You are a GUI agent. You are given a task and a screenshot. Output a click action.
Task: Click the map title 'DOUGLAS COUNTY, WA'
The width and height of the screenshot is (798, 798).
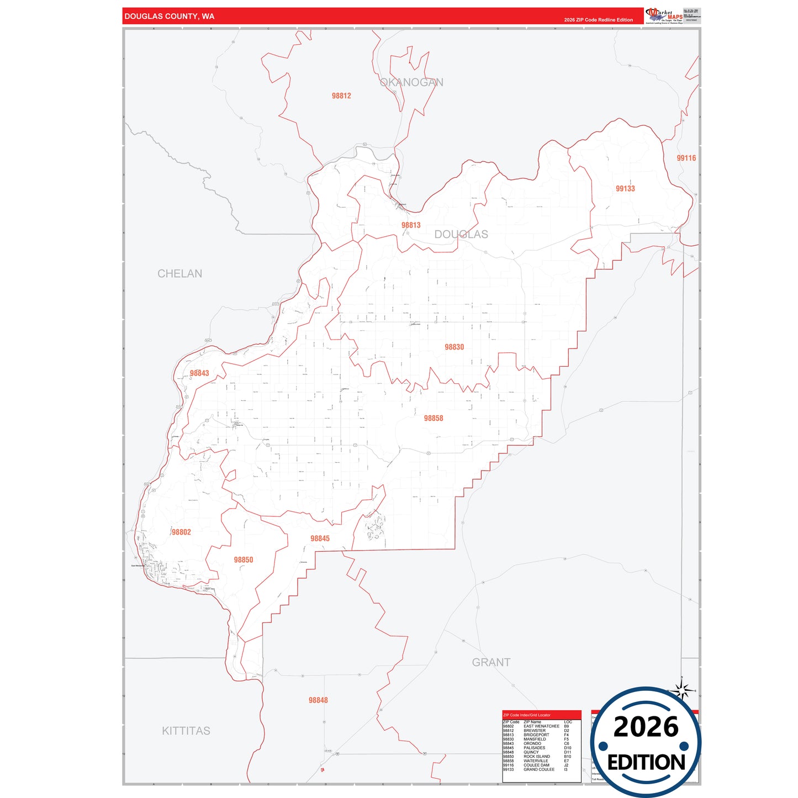[169, 16]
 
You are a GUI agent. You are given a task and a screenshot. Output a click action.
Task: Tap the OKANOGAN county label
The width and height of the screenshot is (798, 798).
[411, 82]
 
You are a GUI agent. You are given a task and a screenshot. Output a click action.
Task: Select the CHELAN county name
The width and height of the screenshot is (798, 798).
[179, 273]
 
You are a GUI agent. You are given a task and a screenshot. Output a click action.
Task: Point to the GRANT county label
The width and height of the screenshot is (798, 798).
[491, 662]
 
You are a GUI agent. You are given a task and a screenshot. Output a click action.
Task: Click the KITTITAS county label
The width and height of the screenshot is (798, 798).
[186, 731]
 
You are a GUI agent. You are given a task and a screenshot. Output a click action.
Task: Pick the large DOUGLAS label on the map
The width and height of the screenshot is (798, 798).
[461, 234]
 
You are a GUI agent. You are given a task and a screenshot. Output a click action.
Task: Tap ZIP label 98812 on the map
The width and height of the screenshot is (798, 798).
[341, 96]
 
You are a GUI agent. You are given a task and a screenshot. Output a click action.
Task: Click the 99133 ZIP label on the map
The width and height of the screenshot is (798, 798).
[625, 188]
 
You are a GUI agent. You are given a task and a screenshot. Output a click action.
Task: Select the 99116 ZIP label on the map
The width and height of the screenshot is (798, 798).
[686, 158]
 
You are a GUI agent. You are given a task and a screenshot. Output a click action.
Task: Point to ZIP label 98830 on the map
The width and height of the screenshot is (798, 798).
[454, 347]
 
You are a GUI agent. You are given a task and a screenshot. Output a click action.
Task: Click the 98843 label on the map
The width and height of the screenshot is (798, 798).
[199, 373]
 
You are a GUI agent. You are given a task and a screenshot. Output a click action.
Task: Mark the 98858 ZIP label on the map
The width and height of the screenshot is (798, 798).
[434, 418]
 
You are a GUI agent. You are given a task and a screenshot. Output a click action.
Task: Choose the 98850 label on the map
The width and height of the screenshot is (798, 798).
[243, 560]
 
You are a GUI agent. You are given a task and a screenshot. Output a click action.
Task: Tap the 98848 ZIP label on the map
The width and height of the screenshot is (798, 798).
[318, 700]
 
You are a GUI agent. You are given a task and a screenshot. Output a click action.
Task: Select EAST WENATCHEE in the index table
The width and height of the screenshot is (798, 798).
[541, 726]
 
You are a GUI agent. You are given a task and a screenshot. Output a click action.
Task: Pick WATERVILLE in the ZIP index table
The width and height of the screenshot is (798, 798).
[536, 761]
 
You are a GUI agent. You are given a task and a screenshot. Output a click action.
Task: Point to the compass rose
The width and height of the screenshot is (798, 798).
[683, 690]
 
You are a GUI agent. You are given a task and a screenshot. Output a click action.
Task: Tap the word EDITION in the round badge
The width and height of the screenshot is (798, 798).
[646, 763]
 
